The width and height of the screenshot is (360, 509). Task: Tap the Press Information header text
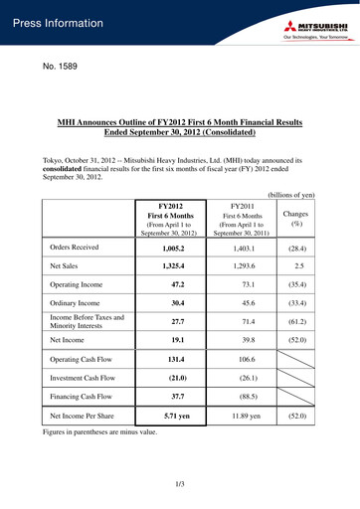(x=59, y=23)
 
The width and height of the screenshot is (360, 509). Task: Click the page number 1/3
(x=180, y=484)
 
